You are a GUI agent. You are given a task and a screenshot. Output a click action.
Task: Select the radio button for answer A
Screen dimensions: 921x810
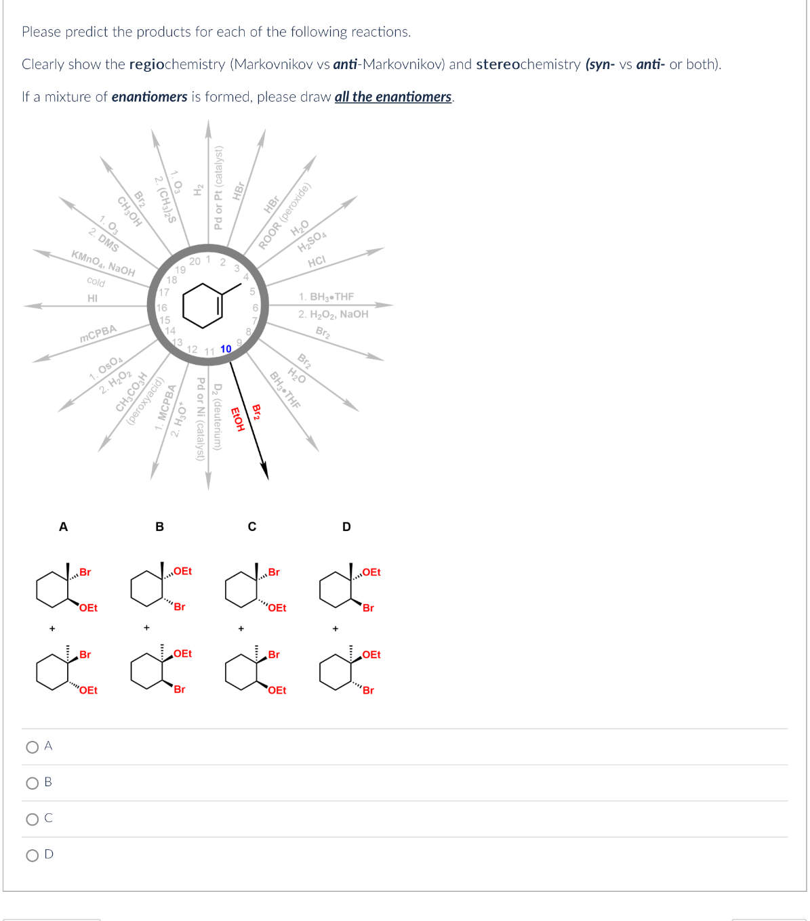[32, 747]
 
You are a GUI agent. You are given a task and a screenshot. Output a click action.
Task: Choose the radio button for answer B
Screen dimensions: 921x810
[32, 783]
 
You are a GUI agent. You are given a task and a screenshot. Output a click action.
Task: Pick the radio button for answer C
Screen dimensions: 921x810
[32, 819]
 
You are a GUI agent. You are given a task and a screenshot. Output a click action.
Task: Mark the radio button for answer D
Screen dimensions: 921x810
[32, 855]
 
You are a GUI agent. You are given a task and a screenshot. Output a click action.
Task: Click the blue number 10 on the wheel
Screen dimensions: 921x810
[226, 349]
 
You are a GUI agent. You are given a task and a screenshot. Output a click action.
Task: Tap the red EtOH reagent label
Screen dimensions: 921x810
[237, 419]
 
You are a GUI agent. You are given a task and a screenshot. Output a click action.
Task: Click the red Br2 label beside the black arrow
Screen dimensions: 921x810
[256, 412]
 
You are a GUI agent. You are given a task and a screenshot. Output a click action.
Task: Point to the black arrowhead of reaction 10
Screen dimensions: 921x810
[265, 471]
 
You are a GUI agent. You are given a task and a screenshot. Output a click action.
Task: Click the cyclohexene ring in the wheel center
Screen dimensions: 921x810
[203, 305]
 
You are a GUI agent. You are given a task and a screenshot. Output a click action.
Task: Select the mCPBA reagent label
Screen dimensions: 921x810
[98, 334]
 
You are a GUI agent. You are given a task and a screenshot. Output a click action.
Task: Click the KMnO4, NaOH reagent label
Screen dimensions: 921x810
[103, 263]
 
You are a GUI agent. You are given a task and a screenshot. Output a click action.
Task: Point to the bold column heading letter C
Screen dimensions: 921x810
[252, 527]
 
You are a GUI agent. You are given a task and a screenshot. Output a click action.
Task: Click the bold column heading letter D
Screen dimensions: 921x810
[346, 527]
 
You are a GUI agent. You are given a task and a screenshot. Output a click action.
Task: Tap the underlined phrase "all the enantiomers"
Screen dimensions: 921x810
[393, 97]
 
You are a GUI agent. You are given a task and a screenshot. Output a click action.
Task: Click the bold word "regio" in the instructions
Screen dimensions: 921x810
[146, 64]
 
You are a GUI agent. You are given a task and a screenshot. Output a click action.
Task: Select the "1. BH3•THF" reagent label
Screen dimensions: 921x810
[326, 297]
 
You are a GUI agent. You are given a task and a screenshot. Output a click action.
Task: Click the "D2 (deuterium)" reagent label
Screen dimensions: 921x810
[218, 416]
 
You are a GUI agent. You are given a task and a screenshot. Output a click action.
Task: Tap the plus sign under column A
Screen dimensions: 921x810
[52, 629]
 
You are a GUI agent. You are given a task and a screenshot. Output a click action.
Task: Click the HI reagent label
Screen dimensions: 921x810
[93, 298]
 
